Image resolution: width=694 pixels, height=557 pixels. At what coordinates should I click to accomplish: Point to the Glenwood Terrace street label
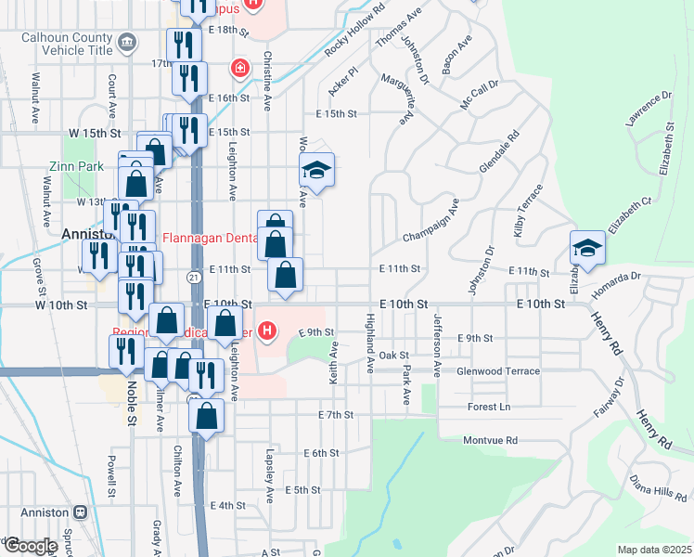pyautogui.click(x=497, y=371)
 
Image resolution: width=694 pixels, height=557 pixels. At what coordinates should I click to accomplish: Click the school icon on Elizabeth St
pyautogui.click(x=587, y=248)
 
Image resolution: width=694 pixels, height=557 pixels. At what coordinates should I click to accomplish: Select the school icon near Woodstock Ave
pyautogui.click(x=316, y=170)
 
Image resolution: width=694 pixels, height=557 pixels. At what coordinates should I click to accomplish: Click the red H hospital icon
pyautogui.click(x=268, y=330)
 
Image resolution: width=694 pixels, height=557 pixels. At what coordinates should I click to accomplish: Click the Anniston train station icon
pyautogui.click(x=81, y=512)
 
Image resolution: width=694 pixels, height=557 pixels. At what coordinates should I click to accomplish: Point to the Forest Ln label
pyautogui.click(x=491, y=406)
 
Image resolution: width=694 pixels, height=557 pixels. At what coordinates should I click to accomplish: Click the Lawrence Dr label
pyautogui.click(x=648, y=109)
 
